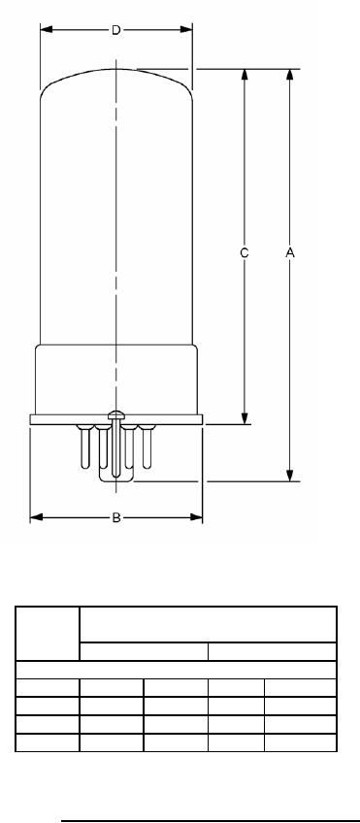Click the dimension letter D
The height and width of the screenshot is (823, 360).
116,30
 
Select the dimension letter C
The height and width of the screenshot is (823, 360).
244,253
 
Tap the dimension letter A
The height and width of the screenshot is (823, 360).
290,253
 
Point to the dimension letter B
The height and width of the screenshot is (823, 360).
116,518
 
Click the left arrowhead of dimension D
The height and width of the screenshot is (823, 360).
47,29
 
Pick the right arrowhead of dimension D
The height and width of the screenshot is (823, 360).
186,29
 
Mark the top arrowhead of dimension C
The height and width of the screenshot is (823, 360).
245,75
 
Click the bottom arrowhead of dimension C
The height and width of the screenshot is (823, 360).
245,418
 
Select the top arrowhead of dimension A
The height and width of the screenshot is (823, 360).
290,75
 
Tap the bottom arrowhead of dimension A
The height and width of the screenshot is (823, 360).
290,475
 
